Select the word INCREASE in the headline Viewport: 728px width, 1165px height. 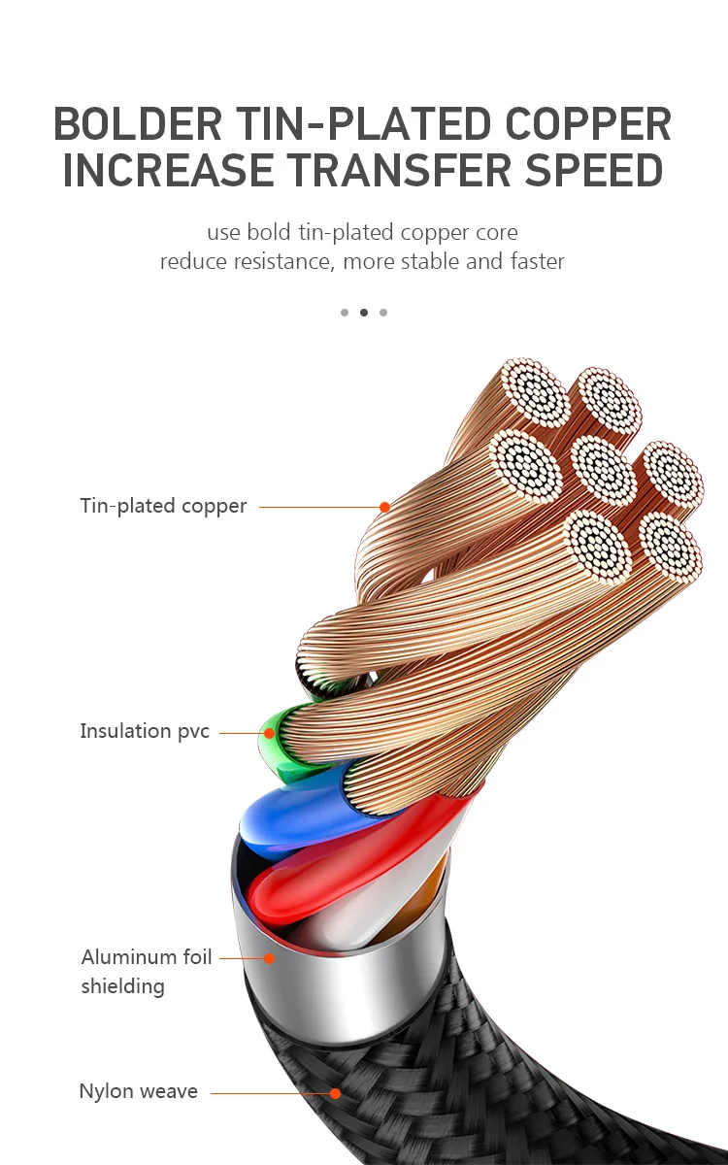168,170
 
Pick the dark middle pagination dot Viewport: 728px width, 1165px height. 364,313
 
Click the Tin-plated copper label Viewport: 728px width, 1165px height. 163,506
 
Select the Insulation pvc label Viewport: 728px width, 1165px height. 145,731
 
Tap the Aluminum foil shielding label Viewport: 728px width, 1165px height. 147,971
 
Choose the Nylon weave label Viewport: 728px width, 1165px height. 138,1091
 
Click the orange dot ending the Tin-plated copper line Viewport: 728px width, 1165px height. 384,507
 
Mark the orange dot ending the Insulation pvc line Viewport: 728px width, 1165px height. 268,732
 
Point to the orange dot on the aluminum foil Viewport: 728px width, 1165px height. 270,958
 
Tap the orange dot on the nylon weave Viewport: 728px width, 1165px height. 335,1093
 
